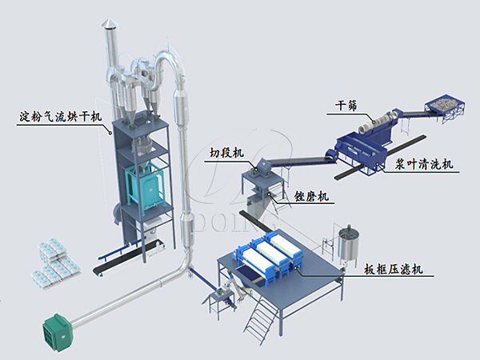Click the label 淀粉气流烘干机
point(61,117)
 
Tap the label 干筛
point(346,106)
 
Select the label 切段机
point(227,153)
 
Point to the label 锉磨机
point(311,196)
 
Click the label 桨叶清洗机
point(424,164)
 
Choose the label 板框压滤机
point(394,270)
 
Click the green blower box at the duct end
point(58,329)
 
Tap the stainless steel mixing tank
point(348,246)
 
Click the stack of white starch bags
point(55,263)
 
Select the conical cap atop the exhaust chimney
point(108,23)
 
